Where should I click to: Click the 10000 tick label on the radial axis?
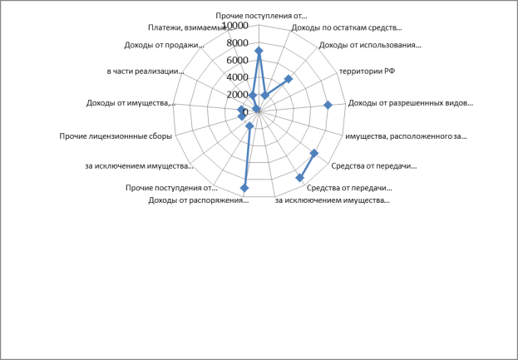click(x=235, y=26)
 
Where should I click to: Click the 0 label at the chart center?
click(x=245, y=112)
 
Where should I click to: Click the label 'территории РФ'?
click(x=368, y=71)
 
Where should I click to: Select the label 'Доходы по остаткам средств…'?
click(x=347, y=27)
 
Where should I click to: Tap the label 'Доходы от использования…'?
click(x=370, y=45)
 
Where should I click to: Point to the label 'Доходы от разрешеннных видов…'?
click(x=411, y=103)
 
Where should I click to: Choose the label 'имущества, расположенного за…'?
click(x=406, y=136)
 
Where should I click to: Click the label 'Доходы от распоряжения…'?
click(x=198, y=200)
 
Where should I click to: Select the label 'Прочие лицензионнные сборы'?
click(x=116, y=136)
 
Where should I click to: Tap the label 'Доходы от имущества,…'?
click(x=131, y=103)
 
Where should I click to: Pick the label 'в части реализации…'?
click(x=145, y=72)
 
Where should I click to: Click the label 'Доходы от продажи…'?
click(x=164, y=45)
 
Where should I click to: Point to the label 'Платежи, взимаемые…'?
click(x=190, y=27)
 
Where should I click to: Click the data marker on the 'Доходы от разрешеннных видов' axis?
click(x=328, y=105)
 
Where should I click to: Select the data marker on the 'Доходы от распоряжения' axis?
click(x=244, y=188)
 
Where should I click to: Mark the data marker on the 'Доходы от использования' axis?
click(x=289, y=79)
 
